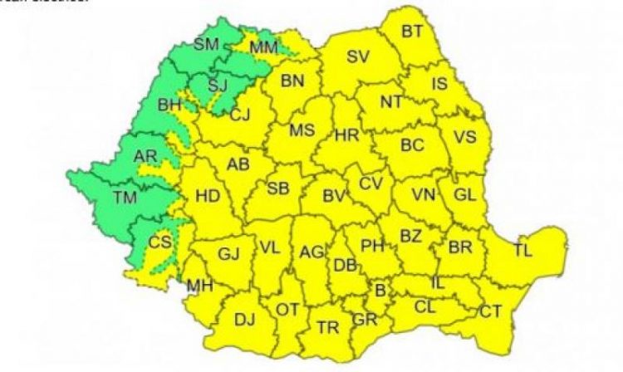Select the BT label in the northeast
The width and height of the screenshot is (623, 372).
412,32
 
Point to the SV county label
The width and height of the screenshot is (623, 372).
357,57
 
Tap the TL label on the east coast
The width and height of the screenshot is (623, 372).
523,249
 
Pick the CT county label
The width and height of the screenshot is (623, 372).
491,311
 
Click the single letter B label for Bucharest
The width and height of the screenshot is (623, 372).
380,291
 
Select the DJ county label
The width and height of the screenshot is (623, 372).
244,320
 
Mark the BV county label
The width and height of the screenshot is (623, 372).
334,197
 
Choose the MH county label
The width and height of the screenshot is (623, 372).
199,286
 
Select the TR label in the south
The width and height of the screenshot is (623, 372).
327,327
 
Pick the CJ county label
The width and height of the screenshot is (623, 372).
239,115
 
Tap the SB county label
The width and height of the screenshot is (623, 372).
278,188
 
